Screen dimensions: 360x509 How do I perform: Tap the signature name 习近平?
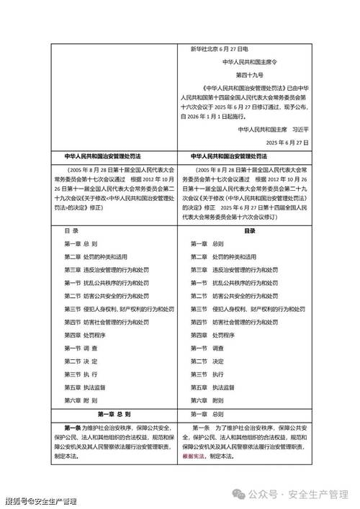tap(297, 130)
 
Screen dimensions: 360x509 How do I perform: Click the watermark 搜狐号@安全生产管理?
tap(40, 501)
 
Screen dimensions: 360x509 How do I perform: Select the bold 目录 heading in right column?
tap(249, 230)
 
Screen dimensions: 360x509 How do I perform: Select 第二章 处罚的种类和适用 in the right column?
tap(224, 257)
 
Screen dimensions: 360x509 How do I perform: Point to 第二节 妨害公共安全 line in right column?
tap(237, 296)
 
